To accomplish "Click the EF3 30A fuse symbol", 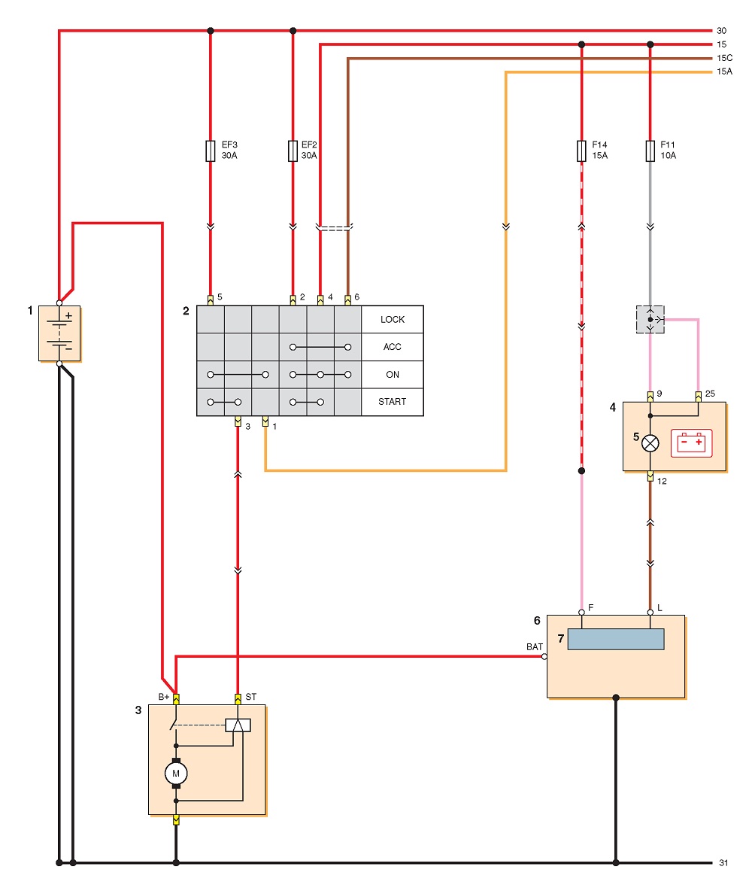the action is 211,151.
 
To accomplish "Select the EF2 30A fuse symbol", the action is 293,151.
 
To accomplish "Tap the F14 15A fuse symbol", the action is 581,151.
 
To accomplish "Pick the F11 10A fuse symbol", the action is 650,151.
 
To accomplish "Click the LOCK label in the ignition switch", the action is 393,319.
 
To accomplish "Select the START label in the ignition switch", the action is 392,401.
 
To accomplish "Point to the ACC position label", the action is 392,347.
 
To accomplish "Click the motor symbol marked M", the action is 176,774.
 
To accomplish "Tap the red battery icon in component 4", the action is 692,443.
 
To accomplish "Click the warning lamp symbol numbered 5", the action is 650,443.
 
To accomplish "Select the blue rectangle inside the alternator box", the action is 616,639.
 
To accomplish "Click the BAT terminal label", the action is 535,646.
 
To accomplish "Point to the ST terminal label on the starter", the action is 250,697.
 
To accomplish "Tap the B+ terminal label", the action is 163,697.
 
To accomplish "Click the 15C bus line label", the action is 725,58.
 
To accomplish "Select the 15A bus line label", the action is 725,71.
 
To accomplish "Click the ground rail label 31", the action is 723,862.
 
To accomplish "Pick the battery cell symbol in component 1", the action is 59,333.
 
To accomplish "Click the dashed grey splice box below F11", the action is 650,319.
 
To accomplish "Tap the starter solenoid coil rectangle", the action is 238,725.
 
